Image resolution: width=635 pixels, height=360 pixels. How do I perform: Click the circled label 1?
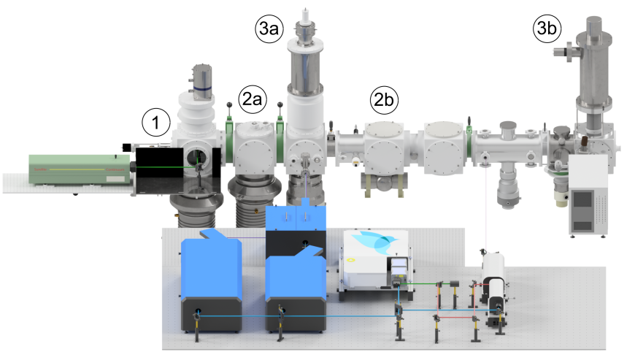tap(156, 122)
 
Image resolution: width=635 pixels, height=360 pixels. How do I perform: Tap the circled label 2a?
tap(253, 99)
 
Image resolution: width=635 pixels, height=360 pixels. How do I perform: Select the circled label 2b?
tap(384, 99)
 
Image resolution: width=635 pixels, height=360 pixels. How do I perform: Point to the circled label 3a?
tap(269, 28)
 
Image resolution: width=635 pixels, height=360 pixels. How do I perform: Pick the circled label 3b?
tap(547, 28)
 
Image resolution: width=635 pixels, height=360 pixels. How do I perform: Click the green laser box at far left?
tap(80, 170)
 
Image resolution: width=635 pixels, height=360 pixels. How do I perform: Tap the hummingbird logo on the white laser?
tap(372, 242)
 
